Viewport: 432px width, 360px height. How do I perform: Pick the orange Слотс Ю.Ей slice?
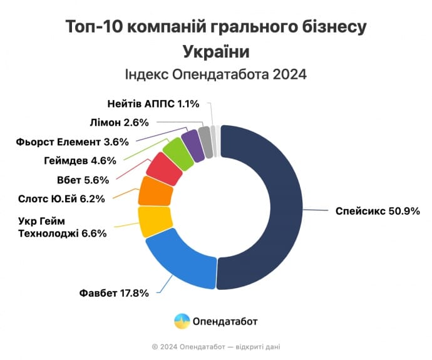click(155, 192)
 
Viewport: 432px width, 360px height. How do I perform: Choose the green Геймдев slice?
click(178, 153)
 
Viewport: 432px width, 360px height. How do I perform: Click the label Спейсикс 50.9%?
click(378, 210)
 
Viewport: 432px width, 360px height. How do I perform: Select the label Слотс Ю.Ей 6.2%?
click(62, 200)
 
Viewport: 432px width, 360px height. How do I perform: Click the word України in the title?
click(215, 51)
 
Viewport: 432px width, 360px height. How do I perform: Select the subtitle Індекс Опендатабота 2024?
click(215, 75)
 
